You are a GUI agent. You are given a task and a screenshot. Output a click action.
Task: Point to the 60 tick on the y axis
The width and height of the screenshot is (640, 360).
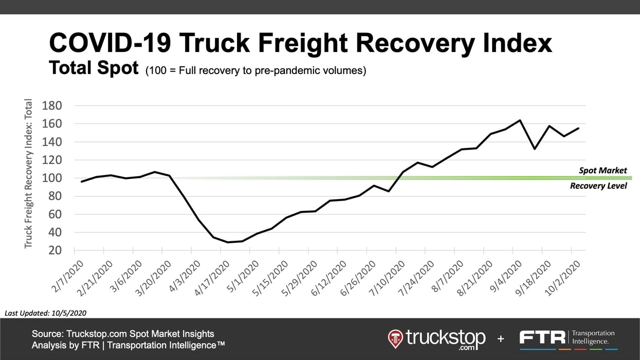click(x=54, y=214)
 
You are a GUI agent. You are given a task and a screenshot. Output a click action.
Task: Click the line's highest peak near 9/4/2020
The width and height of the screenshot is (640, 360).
click(x=520, y=120)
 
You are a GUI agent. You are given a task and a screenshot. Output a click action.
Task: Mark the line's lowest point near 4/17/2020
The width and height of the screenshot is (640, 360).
click(x=228, y=242)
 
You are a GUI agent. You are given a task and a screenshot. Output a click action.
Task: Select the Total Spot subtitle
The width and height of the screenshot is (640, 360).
click(x=94, y=68)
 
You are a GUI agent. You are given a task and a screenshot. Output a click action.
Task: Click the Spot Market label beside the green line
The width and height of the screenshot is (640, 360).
click(x=602, y=171)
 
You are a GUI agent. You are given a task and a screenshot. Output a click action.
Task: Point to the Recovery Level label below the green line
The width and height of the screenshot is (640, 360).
click(x=598, y=186)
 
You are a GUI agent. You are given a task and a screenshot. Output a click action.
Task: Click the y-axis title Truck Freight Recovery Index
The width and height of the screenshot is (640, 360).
click(x=28, y=174)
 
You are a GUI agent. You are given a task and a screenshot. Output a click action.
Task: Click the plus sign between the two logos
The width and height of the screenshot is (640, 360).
click(x=501, y=338)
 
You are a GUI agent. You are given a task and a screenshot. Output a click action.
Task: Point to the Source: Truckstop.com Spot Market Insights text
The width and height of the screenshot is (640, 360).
click(x=123, y=334)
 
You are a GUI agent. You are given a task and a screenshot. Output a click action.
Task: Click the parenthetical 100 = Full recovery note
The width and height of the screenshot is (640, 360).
click(x=256, y=70)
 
